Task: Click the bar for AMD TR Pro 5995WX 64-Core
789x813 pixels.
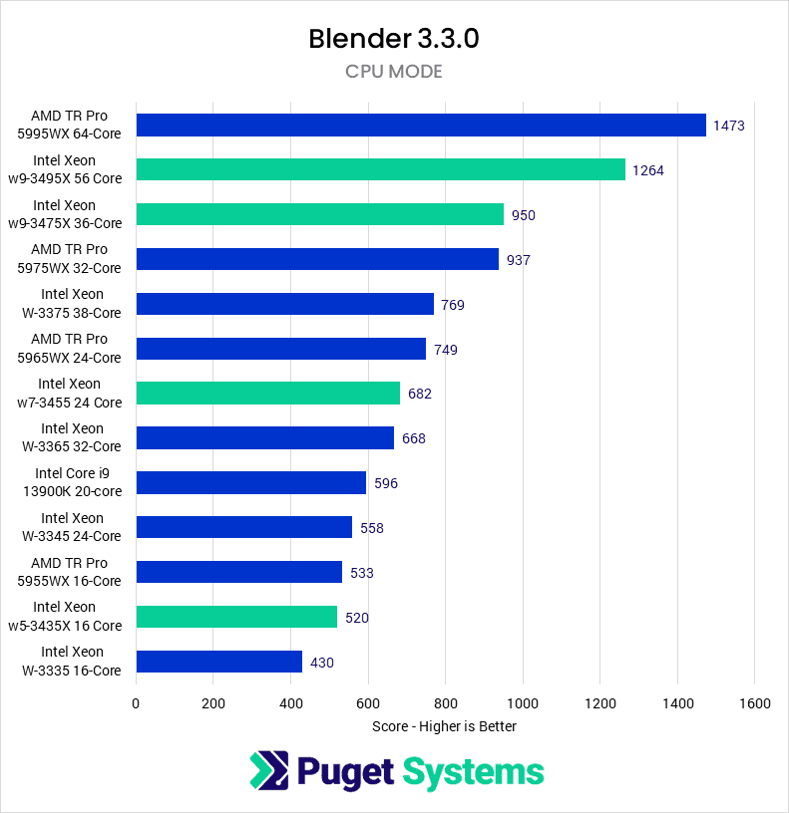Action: point(421,125)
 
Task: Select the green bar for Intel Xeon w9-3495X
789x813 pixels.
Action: point(380,169)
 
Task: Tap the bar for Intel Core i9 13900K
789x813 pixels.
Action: point(251,483)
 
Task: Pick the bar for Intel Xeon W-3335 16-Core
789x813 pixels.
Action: point(219,662)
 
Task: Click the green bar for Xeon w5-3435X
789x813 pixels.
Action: point(236,617)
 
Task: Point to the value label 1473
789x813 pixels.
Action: point(729,126)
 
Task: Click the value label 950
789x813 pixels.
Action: point(524,215)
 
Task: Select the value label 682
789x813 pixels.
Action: point(420,394)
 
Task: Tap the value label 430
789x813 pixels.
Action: point(322,663)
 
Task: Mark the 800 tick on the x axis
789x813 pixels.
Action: point(445,703)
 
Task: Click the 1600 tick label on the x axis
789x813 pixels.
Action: point(754,703)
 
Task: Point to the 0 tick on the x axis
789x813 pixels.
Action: point(137,703)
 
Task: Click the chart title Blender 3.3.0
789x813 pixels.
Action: point(394,39)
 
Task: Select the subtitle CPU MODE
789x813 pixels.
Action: point(394,72)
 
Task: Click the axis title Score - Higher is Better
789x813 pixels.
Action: point(444,726)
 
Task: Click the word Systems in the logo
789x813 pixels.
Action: point(473,772)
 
